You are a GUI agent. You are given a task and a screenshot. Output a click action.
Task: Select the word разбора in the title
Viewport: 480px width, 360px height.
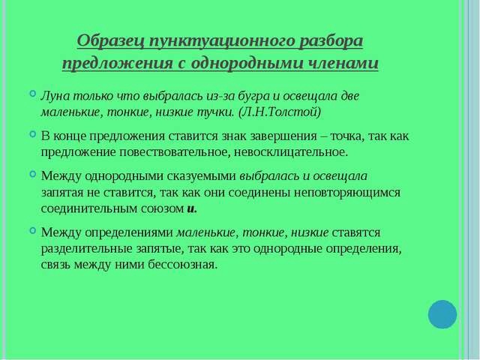click(x=331, y=41)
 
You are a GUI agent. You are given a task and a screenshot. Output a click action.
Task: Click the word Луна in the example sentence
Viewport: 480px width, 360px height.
click(x=55, y=96)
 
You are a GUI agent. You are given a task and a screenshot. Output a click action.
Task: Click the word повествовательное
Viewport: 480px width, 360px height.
click(x=172, y=152)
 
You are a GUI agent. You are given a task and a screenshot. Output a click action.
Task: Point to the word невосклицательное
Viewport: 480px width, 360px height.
click(x=291, y=152)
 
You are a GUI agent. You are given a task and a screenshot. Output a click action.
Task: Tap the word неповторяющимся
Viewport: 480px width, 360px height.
click(x=347, y=193)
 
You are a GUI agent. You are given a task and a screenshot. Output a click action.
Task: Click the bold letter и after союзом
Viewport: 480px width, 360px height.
click(x=191, y=208)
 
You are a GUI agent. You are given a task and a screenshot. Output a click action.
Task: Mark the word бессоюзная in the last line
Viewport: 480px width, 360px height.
click(x=182, y=265)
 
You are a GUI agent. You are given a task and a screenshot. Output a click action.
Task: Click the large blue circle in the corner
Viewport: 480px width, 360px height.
click(x=442, y=314)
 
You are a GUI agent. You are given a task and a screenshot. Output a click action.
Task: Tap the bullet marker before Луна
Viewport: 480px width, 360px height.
click(x=33, y=94)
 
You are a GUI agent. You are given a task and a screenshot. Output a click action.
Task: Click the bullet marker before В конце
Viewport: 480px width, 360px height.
click(x=33, y=133)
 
